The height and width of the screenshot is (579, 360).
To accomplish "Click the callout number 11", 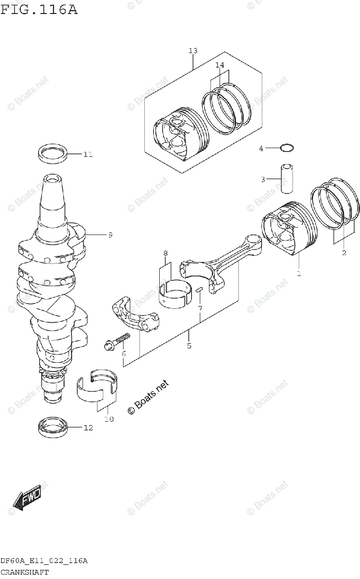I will [x=87, y=155].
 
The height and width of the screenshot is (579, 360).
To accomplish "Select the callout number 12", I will [x=87, y=427].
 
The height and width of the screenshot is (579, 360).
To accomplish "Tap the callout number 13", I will [x=193, y=51].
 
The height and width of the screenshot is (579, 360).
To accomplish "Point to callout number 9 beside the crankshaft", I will [x=110, y=235].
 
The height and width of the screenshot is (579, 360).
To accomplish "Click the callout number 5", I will [x=189, y=345].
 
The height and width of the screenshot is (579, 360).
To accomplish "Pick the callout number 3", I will [x=263, y=180].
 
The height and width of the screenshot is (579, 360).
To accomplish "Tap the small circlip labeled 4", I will [x=286, y=147].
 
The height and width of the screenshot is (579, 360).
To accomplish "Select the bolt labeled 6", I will [x=117, y=341].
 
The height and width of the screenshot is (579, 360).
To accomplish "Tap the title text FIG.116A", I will [x=39, y=9].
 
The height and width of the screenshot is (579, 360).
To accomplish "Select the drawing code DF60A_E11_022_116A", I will [x=44, y=561].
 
